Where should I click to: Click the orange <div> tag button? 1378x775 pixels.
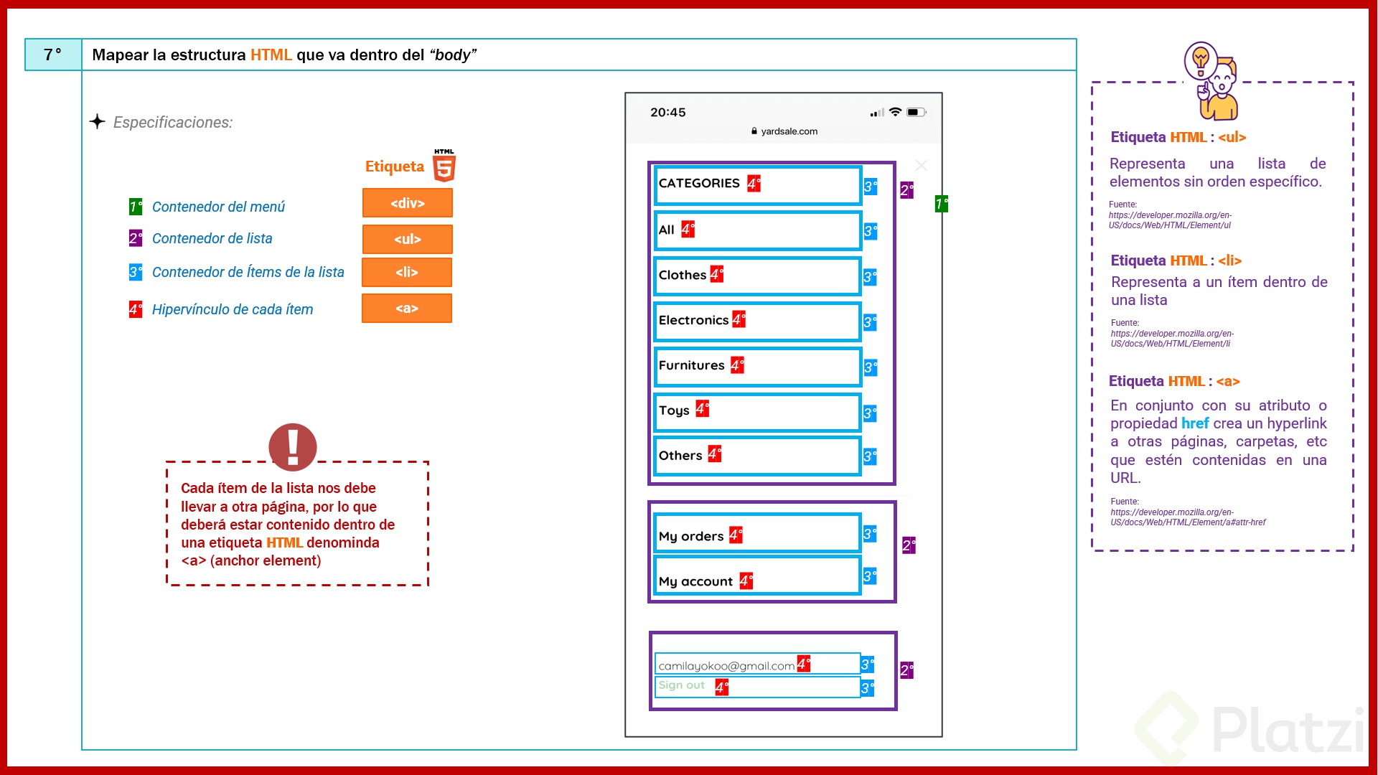[x=407, y=203]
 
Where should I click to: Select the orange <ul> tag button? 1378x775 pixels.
[x=407, y=239]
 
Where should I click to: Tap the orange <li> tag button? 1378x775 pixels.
[x=406, y=272]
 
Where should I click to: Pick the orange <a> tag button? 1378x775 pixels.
[x=406, y=308]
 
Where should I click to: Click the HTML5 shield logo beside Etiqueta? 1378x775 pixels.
[x=444, y=166]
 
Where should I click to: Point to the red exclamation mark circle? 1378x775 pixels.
[x=292, y=446]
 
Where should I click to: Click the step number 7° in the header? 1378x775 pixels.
[x=52, y=55]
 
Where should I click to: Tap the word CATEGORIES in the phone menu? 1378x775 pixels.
[x=698, y=183]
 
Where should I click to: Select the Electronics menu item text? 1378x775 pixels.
[x=693, y=320]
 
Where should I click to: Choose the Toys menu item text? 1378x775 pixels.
[x=673, y=410]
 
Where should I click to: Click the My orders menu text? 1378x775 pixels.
[x=690, y=536]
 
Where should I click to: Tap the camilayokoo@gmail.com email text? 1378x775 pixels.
[x=726, y=666]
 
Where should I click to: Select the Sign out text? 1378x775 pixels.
[x=681, y=685]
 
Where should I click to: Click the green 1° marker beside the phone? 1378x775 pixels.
[x=941, y=205]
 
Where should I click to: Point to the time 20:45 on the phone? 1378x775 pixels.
[x=667, y=112]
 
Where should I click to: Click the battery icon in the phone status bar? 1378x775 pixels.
[x=916, y=112]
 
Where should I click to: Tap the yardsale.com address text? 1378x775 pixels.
[x=789, y=131]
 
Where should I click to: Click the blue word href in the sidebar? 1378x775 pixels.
[x=1195, y=423]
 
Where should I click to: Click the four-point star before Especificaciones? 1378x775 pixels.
[x=98, y=121]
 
